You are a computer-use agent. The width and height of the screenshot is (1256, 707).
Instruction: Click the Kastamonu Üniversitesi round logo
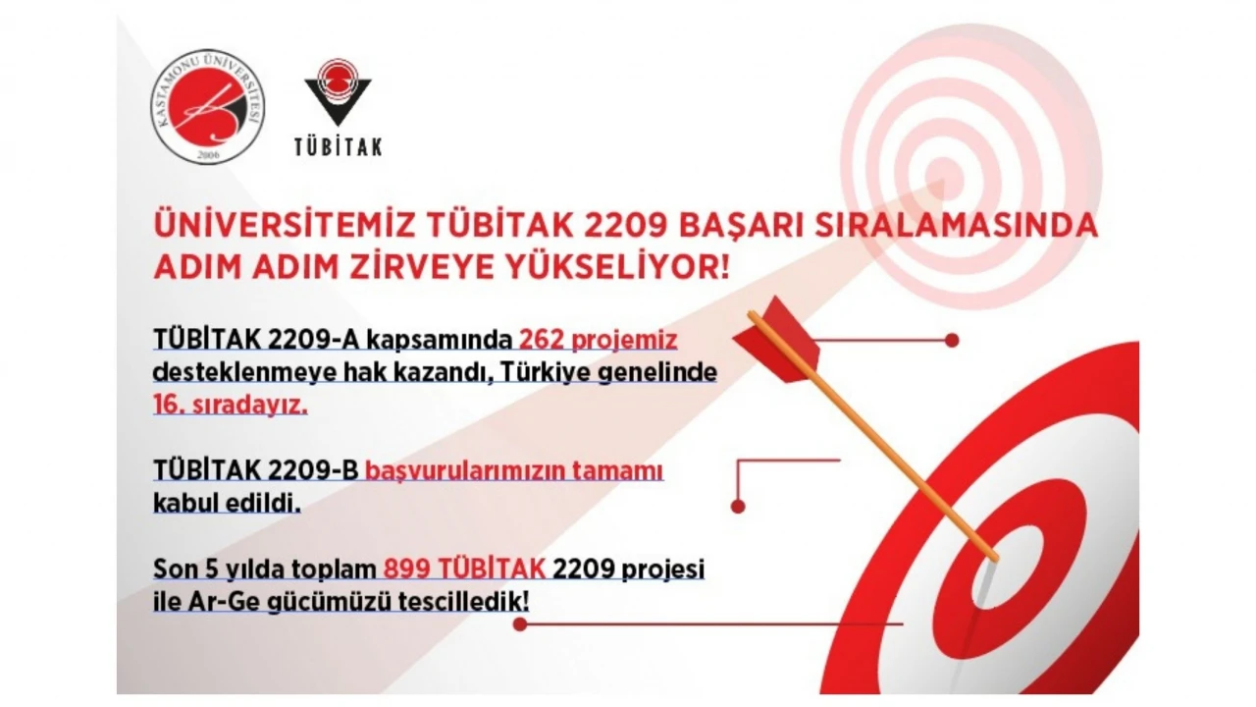pos(208,107)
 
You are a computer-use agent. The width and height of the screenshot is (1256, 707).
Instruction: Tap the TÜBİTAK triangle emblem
pos(338,92)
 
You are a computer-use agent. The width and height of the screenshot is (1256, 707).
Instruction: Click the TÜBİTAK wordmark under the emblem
pos(339,147)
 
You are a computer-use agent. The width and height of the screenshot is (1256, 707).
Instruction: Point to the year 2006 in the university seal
pos(208,154)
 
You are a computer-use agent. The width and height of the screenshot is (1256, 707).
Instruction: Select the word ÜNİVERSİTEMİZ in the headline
pos(285,225)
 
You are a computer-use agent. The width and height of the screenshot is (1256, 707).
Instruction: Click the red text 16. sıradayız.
pos(231,405)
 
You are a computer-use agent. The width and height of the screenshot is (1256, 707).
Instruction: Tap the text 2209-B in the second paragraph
pos(313,470)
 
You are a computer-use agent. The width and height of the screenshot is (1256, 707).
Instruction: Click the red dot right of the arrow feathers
pos(952,340)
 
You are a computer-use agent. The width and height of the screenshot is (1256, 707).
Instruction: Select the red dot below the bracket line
pos(738,507)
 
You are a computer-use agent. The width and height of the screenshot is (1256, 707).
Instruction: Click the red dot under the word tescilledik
pos(520,624)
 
